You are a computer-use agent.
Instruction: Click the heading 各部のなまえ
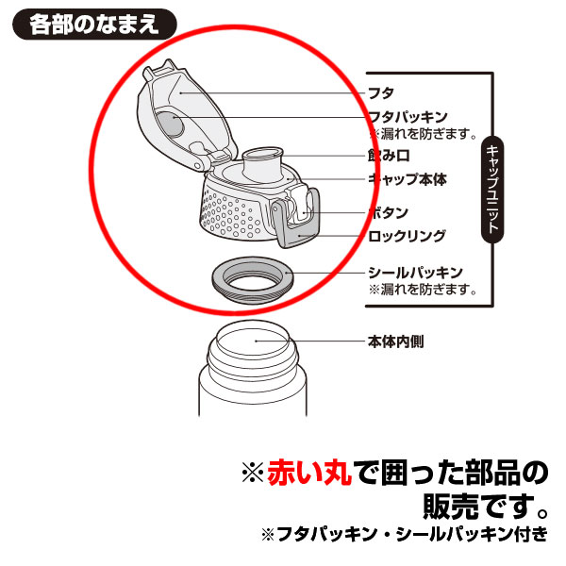pyautogui.click(x=94, y=25)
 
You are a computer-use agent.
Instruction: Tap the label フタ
pyautogui.click(x=381, y=93)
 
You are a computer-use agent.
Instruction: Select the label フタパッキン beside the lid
pyautogui.click(x=408, y=117)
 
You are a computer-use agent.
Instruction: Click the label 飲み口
pyautogui.click(x=389, y=156)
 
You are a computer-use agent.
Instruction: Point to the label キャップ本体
pyautogui.click(x=408, y=179)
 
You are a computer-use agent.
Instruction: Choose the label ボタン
pyautogui.click(x=388, y=212)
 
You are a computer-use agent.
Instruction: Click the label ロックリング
pyautogui.click(x=407, y=236)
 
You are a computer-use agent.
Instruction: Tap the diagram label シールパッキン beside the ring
pyautogui.click(x=415, y=273)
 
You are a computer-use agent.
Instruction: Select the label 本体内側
pyautogui.click(x=396, y=341)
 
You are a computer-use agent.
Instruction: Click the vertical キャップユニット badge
pyautogui.click(x=492, y=190)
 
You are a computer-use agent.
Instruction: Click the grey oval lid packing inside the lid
pyautogui.click(x=171, y=125)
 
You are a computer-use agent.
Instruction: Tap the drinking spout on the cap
pyautogui.click(x=261, y=163)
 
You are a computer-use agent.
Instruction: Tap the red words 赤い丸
pyautogui.click(x=309, y=473)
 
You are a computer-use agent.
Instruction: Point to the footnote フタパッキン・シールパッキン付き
pyautogui.click(x=405, y=535)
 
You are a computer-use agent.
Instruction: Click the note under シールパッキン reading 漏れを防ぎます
pyautogui.click(x=423, y=290)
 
